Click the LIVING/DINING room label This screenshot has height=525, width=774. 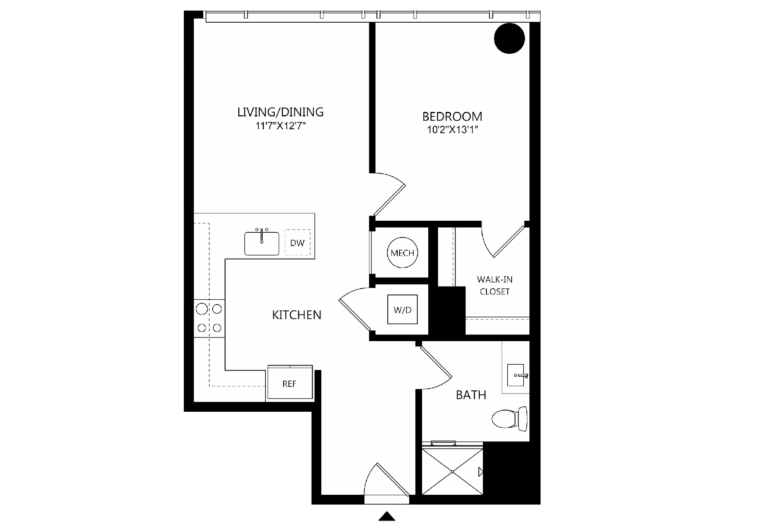(280, 112)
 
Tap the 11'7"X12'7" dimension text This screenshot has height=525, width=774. (280, 126)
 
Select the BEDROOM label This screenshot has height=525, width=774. (452, 116)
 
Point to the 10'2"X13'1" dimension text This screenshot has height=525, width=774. (452, 130)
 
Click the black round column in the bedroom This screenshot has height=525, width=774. (509, 39)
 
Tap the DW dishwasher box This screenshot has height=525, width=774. (297, 243)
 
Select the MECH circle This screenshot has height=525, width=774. (403, 253)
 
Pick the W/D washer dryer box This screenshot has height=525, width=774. (403, 310)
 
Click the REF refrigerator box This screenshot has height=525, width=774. (290, 383)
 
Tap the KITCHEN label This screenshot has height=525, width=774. (296, 315)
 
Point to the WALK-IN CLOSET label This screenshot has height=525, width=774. (495, 286)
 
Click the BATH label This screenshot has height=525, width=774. (471, 395)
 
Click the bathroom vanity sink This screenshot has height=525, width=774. (517, 375)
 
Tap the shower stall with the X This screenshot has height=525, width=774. (452, 471)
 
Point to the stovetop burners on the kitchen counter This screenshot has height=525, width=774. (209, 318)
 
